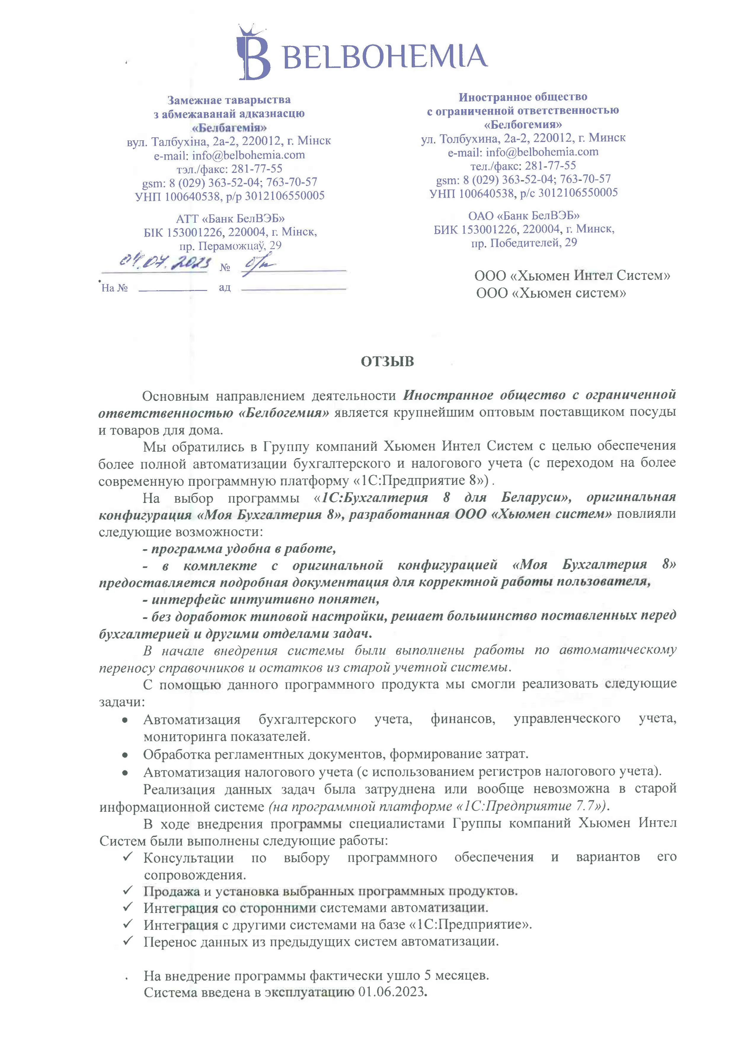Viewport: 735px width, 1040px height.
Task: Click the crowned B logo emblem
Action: point(253,53)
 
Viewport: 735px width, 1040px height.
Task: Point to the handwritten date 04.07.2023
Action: point(165,262)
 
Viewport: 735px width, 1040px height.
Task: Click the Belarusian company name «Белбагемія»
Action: point(229,127)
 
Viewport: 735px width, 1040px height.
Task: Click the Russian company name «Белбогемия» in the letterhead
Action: point(523,124)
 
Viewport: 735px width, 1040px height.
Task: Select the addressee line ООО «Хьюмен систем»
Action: point(551,293)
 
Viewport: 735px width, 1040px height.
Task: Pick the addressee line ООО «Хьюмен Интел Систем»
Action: point(572,275)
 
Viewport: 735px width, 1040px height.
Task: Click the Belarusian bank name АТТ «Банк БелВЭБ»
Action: point(230,219)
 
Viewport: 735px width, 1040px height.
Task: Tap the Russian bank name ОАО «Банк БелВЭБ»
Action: point(524,215)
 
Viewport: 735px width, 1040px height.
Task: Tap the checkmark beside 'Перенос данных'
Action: point(128,941)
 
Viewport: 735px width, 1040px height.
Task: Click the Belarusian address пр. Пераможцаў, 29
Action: point(230,246)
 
